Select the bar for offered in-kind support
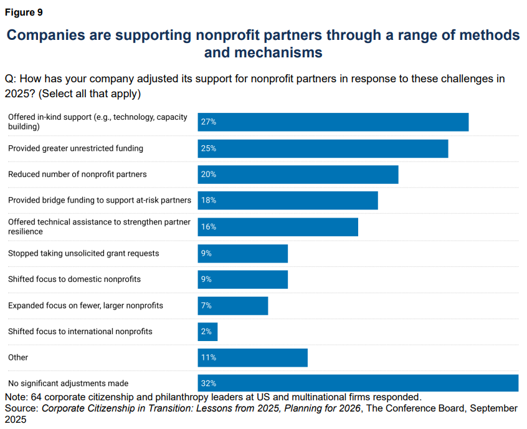333,122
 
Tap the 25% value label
208,148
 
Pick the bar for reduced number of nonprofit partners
298,175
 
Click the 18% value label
208,201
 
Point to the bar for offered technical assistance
278,227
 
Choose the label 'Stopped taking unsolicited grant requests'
83,253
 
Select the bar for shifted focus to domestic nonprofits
243,279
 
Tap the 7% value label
206,306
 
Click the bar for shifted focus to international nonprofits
208,332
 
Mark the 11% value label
208,358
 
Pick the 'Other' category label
18,358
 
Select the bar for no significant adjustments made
358,383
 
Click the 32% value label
208,383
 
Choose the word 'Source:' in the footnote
22,408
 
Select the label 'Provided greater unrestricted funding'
75,148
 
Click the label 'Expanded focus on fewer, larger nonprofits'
85,306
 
